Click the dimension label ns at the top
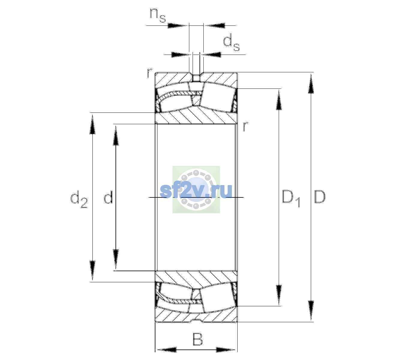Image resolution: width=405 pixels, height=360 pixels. (158, 16)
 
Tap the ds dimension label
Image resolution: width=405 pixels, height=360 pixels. (231, 43)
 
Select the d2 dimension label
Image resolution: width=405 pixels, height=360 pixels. (79, 199)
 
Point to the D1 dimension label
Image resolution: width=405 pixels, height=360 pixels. (291, 198)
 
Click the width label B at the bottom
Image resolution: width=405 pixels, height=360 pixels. (197, 339)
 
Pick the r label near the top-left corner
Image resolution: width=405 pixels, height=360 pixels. (149, 73)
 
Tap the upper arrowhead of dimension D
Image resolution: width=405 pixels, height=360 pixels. (310, 84)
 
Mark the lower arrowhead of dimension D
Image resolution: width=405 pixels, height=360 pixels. (310, 310)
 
